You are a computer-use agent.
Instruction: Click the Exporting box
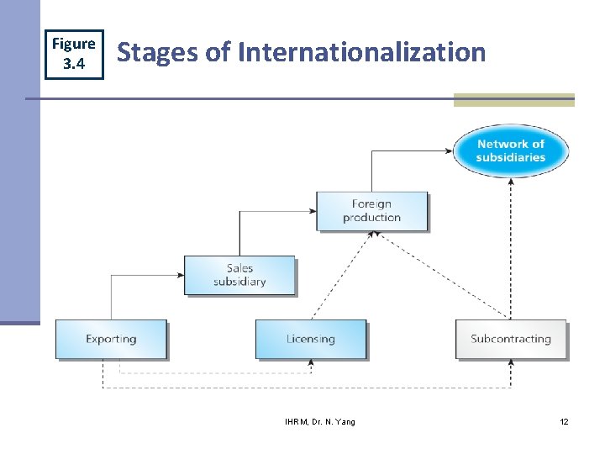click(x=111, y=340)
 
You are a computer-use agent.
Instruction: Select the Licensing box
click(x=311, y=340)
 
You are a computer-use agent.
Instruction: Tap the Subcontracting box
click(x=511, y=340)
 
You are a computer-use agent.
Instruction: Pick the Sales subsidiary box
click(x=239, y=275)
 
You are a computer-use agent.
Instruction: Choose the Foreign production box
click(x=371, y=210)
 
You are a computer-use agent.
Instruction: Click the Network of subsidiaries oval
click(x=511, y=150)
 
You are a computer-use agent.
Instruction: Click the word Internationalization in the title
click(x=362, y=52)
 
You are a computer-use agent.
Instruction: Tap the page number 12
click(x=564, y=421)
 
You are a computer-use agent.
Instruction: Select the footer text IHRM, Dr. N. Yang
click(x=320, y=421)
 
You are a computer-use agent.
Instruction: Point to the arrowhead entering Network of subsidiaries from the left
click(x=450, y=151)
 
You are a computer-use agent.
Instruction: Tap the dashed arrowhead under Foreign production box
click(x=371, y=236)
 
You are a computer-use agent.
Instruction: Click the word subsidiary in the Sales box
click(x=239, y=282)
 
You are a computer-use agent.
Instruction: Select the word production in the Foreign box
click(x=371, y=218)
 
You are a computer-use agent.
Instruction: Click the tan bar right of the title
click(x=513, y=100)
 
